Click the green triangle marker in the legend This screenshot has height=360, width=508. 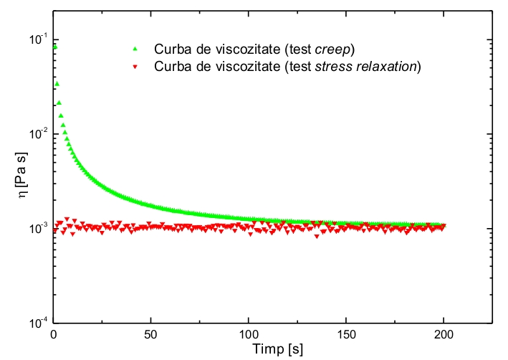pyautogui.click(x=135, y=49)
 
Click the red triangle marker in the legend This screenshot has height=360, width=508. pyautogui.click(x=135, y=68)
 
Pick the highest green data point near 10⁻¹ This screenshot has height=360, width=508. pyautogui.click(x=55, y=47)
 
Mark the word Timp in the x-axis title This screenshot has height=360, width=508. pyautogui.click(x=259, y=349)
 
